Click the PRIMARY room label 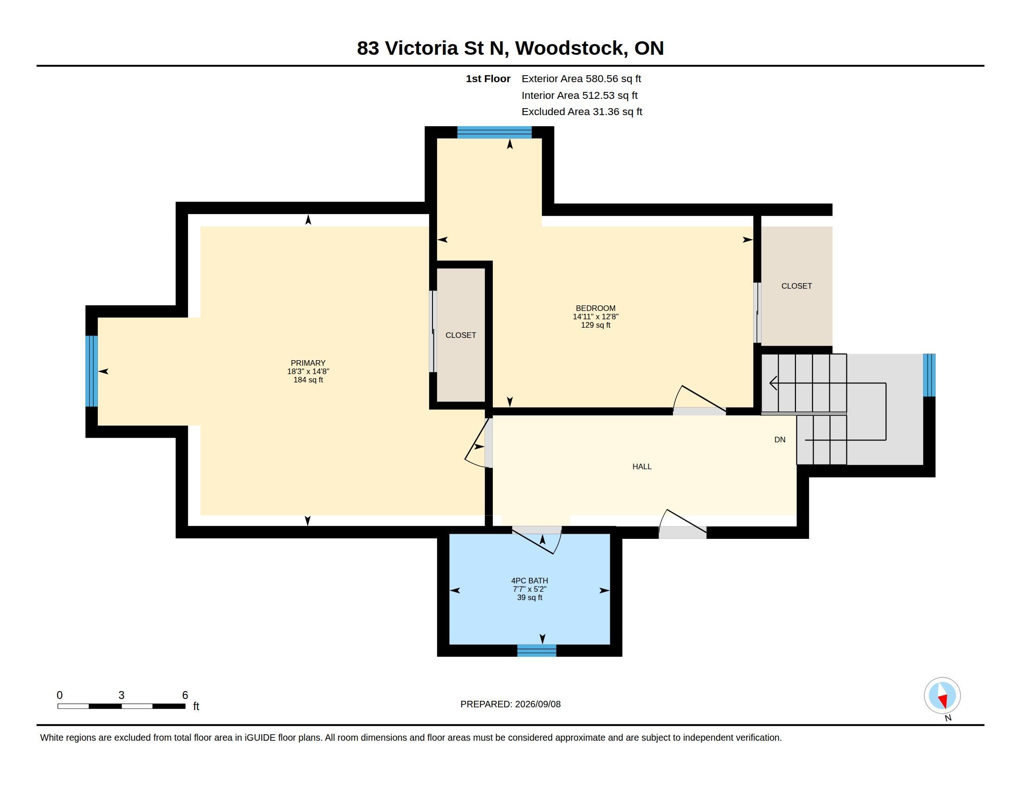point(308,363)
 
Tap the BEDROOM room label point(595,308)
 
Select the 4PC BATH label point(530,581)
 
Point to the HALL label point(642,466)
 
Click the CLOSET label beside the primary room point(460,335)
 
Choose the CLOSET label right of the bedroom point(796,286)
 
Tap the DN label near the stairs point(780,440)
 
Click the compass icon point(942,696)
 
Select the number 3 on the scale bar point(122,695)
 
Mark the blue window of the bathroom point(536,650)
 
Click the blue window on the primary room point(91,371)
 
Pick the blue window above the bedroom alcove point(494,132)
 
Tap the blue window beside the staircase point(929,375)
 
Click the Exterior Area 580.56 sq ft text point(581,79)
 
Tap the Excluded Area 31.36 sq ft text point(582,112)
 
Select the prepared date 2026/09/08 point(537,704)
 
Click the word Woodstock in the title point(571,48)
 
